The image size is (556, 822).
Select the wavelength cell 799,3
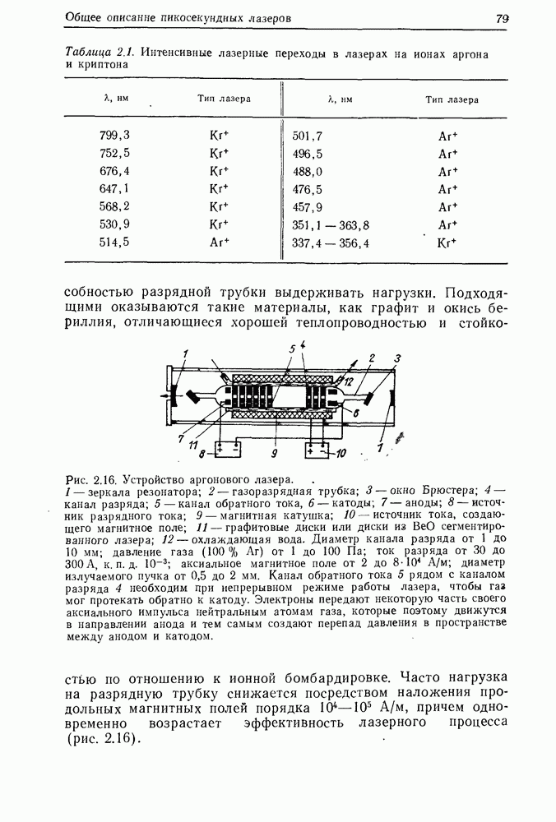pyautogui.click(x=114, y=135)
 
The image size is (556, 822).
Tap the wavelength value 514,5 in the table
pyautogui.click(x=114, y=242)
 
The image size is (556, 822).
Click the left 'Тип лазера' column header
pyautogui.click(x=224, y=99)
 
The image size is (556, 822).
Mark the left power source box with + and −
pyautogui.click(x=226, y=450)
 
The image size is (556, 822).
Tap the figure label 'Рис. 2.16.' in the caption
pyautogui.click(x=90, y=478)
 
